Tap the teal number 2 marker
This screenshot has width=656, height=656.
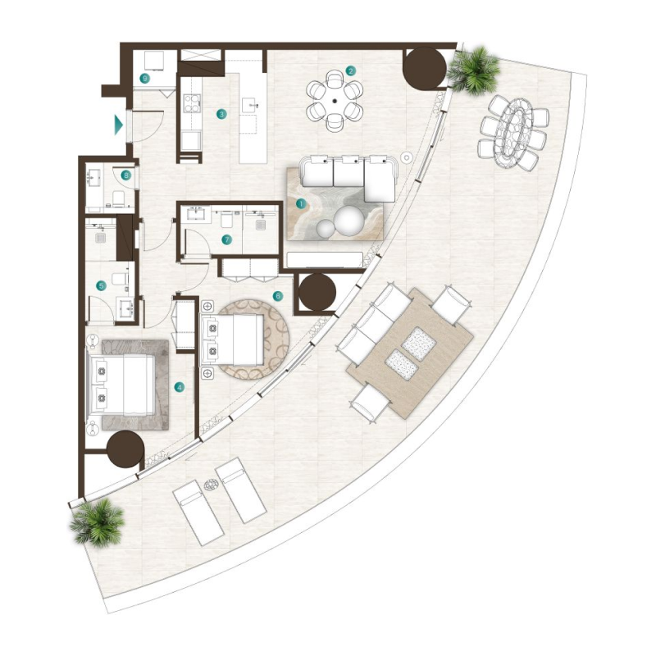[350, 71]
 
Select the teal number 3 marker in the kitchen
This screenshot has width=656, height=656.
[221, 115]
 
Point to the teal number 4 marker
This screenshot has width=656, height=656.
[180, 386]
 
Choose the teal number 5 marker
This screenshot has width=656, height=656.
[102, 286]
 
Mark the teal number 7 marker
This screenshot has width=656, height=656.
[227, 239]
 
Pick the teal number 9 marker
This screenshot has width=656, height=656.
[144, 79]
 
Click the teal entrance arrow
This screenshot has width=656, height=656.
[119, 125]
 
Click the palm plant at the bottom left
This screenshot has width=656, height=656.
[97, 522]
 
